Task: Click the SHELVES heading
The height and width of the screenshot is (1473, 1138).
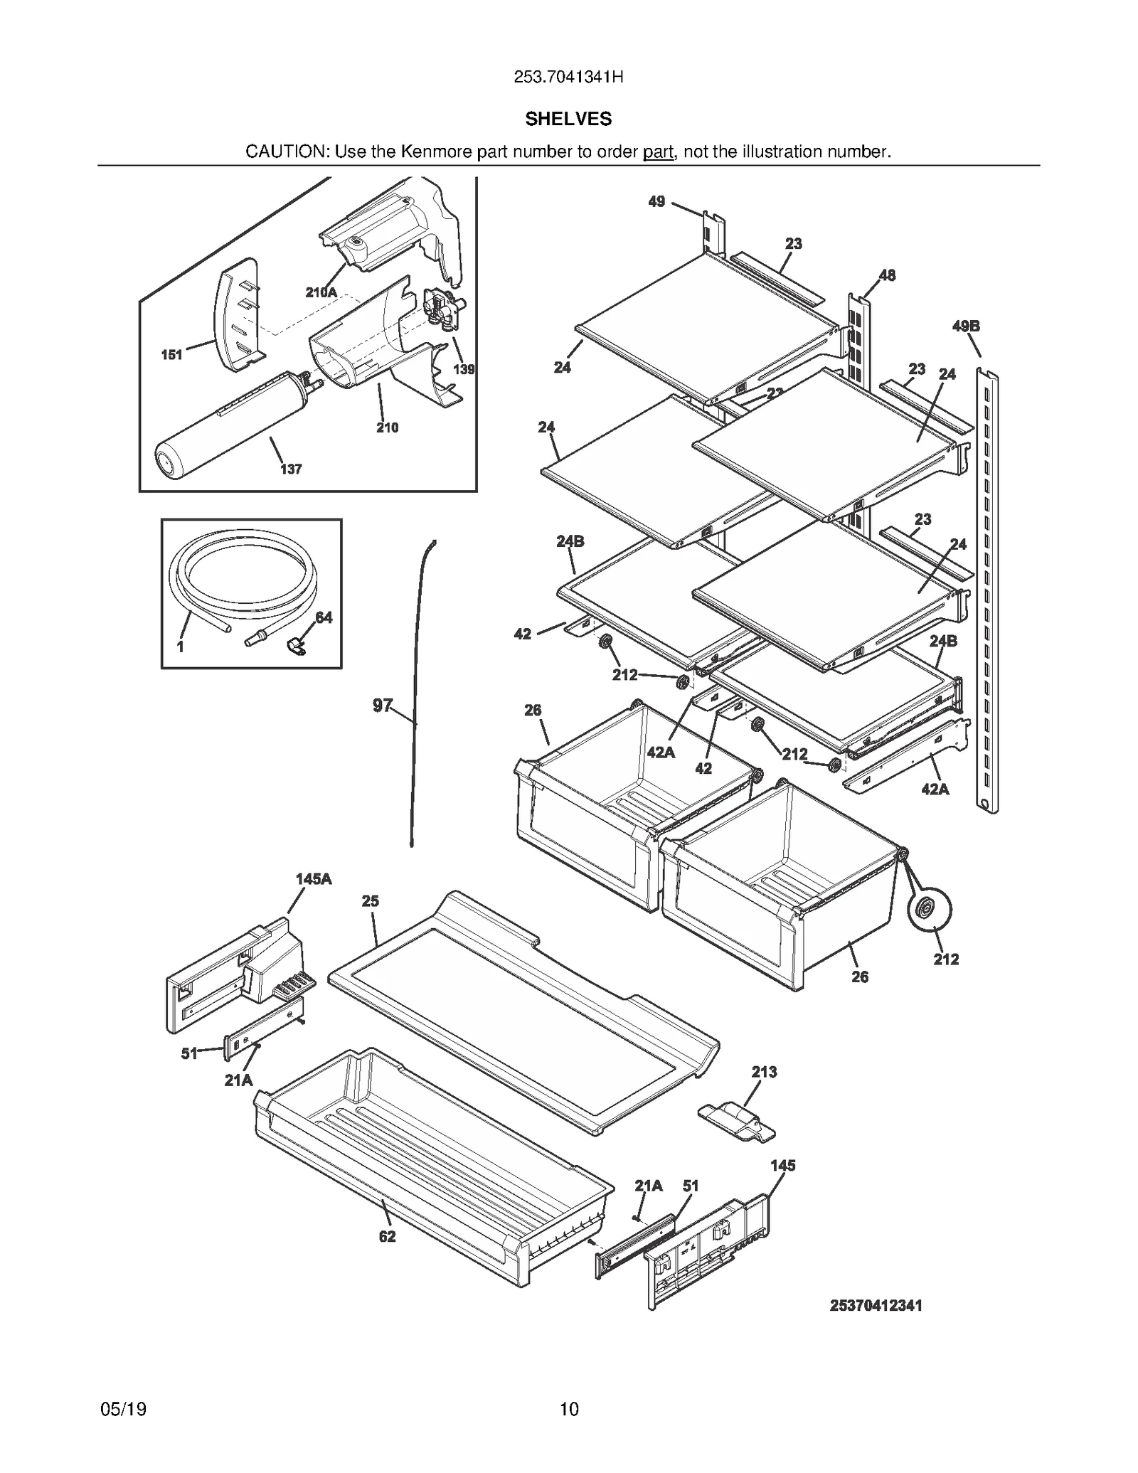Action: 568,119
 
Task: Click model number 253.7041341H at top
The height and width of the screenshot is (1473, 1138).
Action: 568,78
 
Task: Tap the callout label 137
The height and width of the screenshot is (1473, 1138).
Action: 290,469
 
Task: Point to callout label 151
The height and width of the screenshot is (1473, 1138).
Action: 171,354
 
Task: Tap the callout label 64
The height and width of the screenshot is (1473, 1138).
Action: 324,617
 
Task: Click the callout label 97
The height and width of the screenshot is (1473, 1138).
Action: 383,705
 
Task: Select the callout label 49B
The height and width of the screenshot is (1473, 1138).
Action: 966,326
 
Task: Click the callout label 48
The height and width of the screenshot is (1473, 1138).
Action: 887,275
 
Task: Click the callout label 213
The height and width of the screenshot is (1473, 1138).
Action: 764,1071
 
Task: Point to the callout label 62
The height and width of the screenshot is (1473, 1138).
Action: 387,1237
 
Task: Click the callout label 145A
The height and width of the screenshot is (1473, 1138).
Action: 314,879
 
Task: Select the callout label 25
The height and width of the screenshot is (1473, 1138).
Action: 370,900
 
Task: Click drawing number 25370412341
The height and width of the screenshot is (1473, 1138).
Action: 876,1306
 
